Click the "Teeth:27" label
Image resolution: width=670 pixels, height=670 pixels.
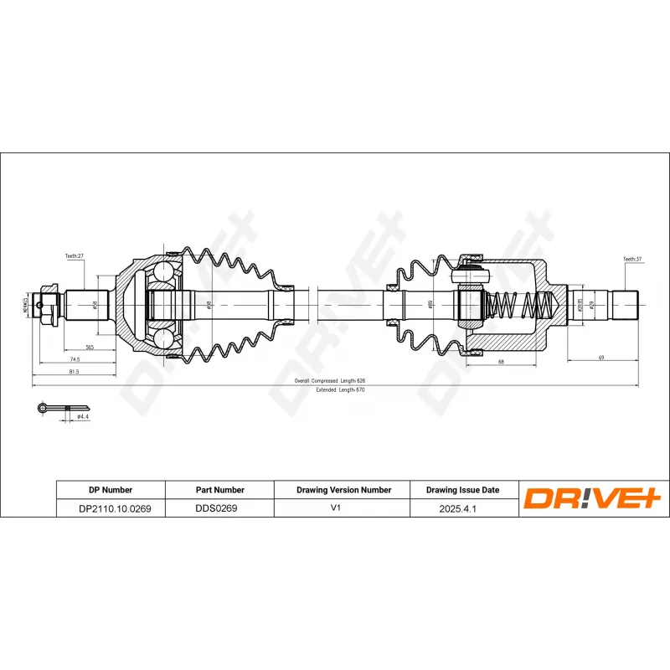pyautogui.click(x=75, y=257)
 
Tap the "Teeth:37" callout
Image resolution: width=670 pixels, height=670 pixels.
pyautogui.click(x=631, y=260)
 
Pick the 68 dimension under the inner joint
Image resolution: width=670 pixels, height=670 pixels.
pyautogui.click(x=500, y=363)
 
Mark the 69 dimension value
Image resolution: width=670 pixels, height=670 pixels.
pyautogui.click(x=600, y=358)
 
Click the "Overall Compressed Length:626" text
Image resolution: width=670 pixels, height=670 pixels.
pyautogui.click(x=330, y=380)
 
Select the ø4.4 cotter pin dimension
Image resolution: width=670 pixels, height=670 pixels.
pyautogui.click(x=82, y=416)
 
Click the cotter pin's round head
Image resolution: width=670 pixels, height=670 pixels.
pyautogui.click(x=42, y=408)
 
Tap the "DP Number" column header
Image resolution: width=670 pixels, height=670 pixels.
pyautogui.click(x=110, y=490)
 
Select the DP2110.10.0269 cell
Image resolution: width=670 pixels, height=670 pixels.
pyautogui.click(x=110, y=508)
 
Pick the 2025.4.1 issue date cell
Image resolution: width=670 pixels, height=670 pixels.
pyautogui.click(x=463, y=508)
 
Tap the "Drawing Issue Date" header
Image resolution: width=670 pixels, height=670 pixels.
pyautogui.click(x=463, y=490)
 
